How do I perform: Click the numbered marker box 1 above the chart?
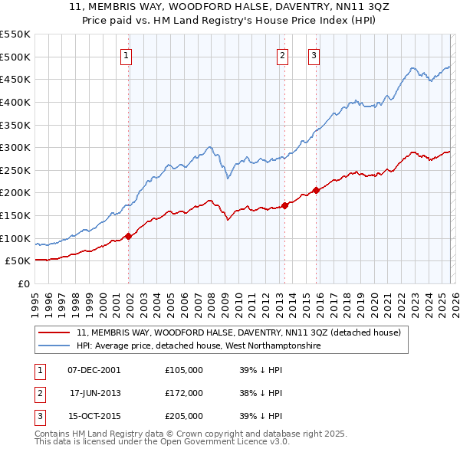[x=126, y=54]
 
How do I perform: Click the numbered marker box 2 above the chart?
[x=282, y=54]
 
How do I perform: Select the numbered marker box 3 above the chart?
[x=314, y=54]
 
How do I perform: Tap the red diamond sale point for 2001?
[x=128, y=236]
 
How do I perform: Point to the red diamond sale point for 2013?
[x=284, y=205]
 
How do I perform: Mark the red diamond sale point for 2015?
[x=316, y=191]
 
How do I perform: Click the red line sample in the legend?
[x=54, y=333]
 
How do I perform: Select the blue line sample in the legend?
[x=54, y=346]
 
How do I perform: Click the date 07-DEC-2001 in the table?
[x=94, y=370]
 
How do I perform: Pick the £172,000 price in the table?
[x=184, y=393]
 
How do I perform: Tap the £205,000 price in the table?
[x=184, y=416]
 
